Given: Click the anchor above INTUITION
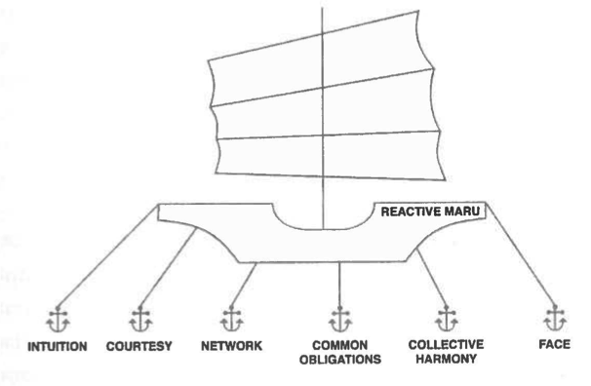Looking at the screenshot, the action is pyautogui.click(x=58, y=320).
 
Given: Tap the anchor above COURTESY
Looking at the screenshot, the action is pyautogui.click(x=140, y=320).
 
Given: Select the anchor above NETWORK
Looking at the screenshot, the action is pyautogui.click(x=232, y=319).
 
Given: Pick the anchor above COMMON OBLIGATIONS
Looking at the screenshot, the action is pyautogui.click(x=340, y=320).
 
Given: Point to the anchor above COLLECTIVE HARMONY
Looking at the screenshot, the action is pyautogui.click(x=447, y=319).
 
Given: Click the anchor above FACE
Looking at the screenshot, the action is pyautogui.click(x=555, y=318).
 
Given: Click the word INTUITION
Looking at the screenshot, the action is pyautogui.click(x=58, y=346).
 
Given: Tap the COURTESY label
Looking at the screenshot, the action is pyautogui.click(x=139, y=346).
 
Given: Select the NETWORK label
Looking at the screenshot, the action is pyautogui.click(x=231, y=346).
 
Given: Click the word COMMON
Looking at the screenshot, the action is pyautogui.click(x=340, y=345).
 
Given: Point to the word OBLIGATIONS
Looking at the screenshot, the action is pyautogui.click(x=340, y=360).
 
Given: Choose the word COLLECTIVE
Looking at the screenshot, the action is pyautogui.click(x=446, y=344).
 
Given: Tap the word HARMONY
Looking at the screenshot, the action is pyautogui.click(x=446, y=359).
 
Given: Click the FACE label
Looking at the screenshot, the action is pyautogui.click(x=555, y=344).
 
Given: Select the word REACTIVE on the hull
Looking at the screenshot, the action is pyautogui.click(x=409, y=212).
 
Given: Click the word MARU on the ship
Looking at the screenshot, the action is pyautogui.click(x=461, y=212).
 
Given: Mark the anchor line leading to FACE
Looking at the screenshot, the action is pyautogui.click(x=521, y=254).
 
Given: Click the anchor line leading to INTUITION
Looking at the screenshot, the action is pyautogui.click(x=108, y=256).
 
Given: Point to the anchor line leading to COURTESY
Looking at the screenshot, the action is pyautogui.click(x=169, y=267).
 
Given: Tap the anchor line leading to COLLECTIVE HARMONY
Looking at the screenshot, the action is pyautogui.click(x=432, y=278).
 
